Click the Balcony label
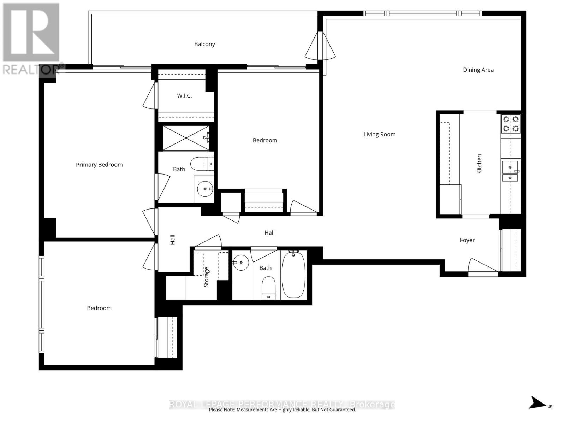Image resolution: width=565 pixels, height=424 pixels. pyautogui.click(x=204, y=44)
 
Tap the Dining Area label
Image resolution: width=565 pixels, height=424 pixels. pyautogui.click(x=478, y=70)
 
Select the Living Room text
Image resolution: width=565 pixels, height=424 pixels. pyautogui.click(x=379, y=134)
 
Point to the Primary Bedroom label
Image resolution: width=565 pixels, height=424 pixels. pyautogui.click(x=99, y=165)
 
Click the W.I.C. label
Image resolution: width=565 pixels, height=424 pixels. pyautogui.click(x=184, y=96)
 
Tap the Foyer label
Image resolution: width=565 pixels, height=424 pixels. pyautogui.click(x=467, y=240)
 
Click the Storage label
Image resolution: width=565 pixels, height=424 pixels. pyautogui.click(x=206, y=277)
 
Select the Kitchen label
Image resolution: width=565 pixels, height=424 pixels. pyautogui.click(x=479, y=164)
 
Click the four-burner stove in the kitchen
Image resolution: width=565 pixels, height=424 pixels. pyautogui.click(x=511, y=124)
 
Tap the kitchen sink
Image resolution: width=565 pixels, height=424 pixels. pyautogui.click(x=510, y=171)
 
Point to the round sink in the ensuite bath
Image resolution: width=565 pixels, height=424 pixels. pyautogui.click(x=205, y=189)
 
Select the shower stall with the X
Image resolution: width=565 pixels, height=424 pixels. pyautogui.click(x=186, y=138)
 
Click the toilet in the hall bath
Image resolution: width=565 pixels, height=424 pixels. pyautogui.click(x=268, y=288)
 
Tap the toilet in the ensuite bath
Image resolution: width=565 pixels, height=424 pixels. pyautogui.click(x=202, y=164)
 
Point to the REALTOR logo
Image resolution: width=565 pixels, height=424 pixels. pyautogui.click(x=32, y=39)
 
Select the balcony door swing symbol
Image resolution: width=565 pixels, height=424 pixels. pyautogui.click(x=320, y=46)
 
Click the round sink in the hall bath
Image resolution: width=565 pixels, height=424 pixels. pyautogui.click(x=241, y=263)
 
